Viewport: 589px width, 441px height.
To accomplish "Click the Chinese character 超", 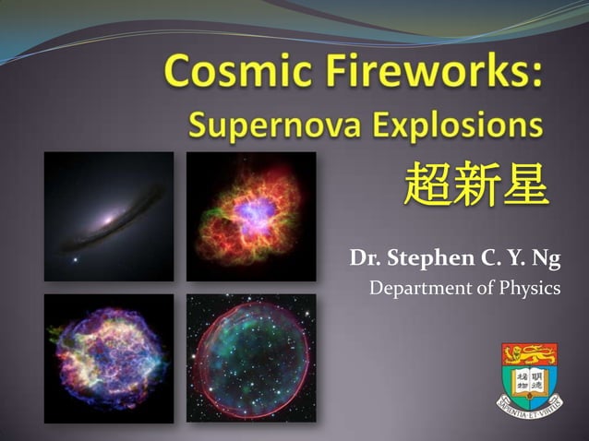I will coord(427,187).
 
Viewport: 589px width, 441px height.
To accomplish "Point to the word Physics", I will coord(525,290).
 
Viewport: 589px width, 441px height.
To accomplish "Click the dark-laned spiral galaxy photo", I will coord(108,216).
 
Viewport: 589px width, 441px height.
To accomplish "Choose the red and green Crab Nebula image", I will coord(251,216).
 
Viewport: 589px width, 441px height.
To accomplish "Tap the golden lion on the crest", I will coord(530,352).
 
